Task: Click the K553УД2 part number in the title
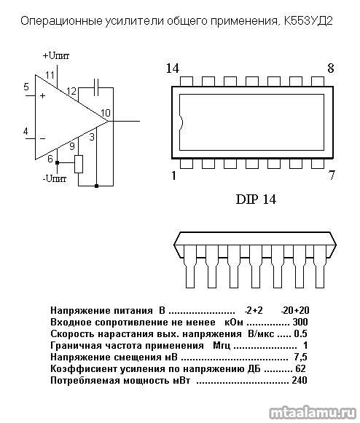coord(308,21)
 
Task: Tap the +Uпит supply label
coord(56,56)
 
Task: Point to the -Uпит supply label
coord(54,178)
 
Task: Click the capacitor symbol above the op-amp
coord(96,87)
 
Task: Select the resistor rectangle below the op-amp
coord(79,164)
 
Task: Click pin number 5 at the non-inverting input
coord(26,87)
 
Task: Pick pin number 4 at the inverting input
coord(26,131)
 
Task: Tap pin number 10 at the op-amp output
coord(106,113)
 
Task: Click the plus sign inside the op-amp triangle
coord(42,95)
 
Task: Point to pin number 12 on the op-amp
coord(71,91)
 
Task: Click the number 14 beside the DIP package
coord(172,68)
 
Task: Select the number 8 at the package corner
coord(331,68)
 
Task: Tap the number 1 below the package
coord(173,175)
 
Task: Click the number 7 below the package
coord(332,175)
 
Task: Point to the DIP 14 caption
coord(256,199)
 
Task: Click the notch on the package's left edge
coord(182,123)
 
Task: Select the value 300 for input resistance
coord(300,322)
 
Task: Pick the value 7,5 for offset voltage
coord(300,357)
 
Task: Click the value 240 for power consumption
coord(300,380)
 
